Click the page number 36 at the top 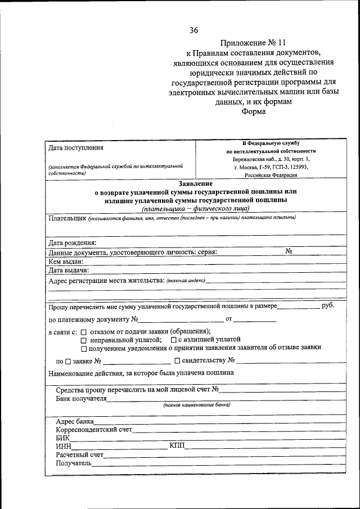coord(193,30)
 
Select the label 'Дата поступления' coord(76,148)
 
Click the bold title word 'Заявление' coord(195,184)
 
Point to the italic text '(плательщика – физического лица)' coord(195,208)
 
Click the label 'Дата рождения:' coord(73,243)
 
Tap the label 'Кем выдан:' coord(66,261)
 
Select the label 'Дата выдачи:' coord(69,270)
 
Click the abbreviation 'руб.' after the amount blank coord(327,305)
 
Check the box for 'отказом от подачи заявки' coord(83,332)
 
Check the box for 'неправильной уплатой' coord(83,340)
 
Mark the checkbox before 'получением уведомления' coord(83,348)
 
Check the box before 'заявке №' coord(68,361)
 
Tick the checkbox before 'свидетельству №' coord(177,361)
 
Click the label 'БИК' coord(62,438)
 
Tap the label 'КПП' coord(177,446)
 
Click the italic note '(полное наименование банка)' coord(197,405)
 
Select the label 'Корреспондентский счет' coord(93,430)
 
